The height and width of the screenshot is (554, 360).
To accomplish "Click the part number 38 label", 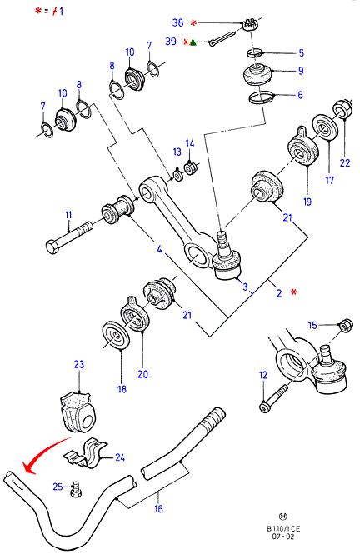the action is coord(177,22).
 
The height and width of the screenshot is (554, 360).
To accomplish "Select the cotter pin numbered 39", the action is coord(221,38).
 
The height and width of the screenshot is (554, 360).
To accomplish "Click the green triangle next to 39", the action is coord(192,42).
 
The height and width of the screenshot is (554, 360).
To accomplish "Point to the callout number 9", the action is coord(301,71).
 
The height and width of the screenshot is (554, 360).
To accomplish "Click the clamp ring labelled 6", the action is coord(262,97).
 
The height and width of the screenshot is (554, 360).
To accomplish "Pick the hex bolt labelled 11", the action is coord(69,237).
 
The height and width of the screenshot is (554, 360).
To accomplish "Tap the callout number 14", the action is coord(190,143).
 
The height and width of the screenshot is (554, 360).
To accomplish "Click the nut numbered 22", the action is coord(342,109).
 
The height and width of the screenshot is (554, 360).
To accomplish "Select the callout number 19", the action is coord(307,202).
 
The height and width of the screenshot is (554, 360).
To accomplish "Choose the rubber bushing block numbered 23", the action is coord(77,412).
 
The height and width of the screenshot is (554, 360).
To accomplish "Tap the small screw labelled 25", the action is coord(76,489).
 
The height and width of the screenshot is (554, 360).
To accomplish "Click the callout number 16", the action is coord(158,508).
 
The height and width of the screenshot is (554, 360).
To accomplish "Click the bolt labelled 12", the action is coord(274,398).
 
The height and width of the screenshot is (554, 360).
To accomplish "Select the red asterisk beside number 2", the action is coord(293,292).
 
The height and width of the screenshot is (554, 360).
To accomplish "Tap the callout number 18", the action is coord(122,389).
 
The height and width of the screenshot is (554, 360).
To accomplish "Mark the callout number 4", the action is coord(160,249).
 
